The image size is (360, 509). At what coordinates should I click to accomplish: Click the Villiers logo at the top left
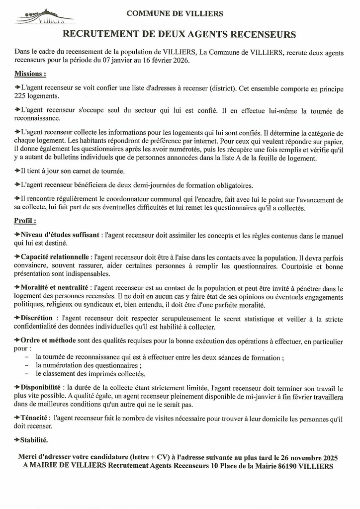click(45, 17)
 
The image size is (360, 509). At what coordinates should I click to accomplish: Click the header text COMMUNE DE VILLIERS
click(175, 14)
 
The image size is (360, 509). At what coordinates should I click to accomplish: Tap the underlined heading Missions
click(30, 74)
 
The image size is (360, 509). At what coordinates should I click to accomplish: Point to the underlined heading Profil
click(25, 220)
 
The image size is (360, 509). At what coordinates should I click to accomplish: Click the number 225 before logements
click(21, 96)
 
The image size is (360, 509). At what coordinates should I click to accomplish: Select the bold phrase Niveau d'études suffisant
click(60, 235)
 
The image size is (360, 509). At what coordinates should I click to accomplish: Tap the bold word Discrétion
click(36, 318)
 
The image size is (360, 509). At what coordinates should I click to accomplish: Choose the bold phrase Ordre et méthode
click(48, 341)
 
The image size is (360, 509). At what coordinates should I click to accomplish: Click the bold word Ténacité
click(34, 418)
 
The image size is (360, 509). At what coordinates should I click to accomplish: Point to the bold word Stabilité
click(34, 440)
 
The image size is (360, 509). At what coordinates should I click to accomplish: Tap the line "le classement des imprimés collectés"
click(90, 374)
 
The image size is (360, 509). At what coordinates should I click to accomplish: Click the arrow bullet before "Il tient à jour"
click(17, 170)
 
